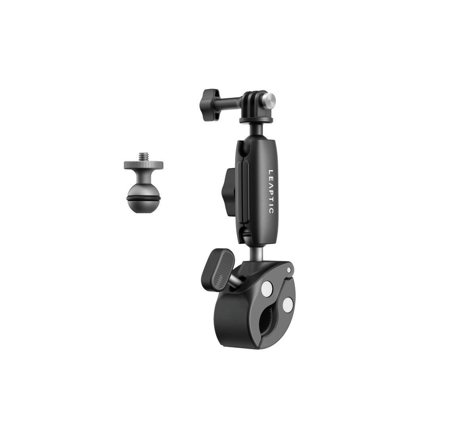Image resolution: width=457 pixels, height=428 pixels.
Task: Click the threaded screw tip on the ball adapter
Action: coord(143,156)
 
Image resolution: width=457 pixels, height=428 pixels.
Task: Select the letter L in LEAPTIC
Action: coord(271,172)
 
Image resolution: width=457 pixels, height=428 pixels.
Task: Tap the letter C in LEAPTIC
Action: coord(271,210)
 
